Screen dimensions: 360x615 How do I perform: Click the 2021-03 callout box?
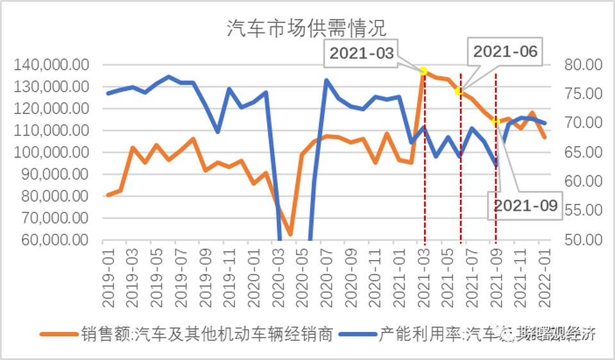click(x=363, y=54)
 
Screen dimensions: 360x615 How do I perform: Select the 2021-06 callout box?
click(x=505, y=52)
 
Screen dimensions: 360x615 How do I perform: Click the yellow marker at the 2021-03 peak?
click(x=423, y=71)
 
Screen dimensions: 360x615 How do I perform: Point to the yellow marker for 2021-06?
click(x=459, y=91)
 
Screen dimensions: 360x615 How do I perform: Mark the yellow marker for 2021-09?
click(x=495, y=122)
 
